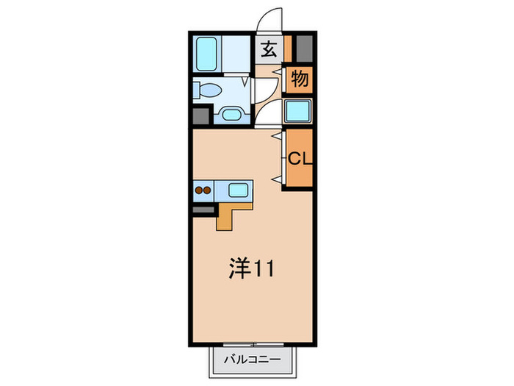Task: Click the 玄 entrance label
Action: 269,51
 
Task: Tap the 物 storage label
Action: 300,79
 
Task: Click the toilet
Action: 208,90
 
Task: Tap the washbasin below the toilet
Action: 232,114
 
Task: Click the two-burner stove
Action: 203,190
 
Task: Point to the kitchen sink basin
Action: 238,190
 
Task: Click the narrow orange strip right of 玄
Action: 289,49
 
